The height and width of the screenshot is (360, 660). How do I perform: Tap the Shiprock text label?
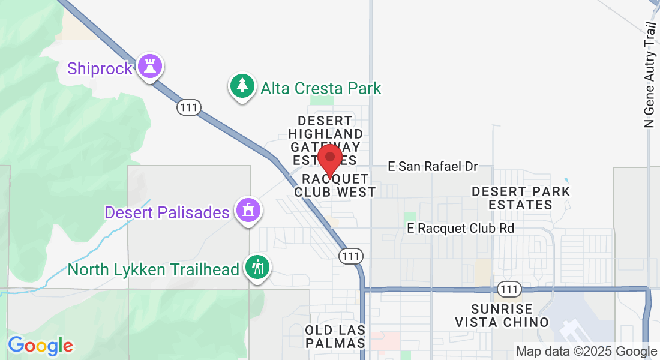[100, 68]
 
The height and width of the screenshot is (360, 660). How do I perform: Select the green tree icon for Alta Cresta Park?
[242, 86]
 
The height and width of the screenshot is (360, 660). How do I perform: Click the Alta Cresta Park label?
[321, 89]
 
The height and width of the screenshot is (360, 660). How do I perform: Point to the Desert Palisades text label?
[167, 212]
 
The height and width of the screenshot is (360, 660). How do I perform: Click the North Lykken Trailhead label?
[154, 269]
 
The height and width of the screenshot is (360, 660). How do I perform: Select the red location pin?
[329, 159]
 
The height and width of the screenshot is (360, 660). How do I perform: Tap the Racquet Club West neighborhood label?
[335, 185]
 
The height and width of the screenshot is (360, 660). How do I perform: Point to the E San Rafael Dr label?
[433, 167]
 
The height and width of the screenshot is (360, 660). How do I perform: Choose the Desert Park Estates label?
[520, 198]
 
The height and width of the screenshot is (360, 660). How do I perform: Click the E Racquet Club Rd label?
[461, 228]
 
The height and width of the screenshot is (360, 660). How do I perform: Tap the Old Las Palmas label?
[335, 337]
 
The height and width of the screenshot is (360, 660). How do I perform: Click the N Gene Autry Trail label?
[649, 75]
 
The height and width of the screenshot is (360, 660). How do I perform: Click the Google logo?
[40, 346]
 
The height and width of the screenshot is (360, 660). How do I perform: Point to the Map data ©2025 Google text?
[586, 352]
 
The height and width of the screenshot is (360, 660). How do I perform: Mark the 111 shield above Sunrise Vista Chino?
[509, 289]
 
